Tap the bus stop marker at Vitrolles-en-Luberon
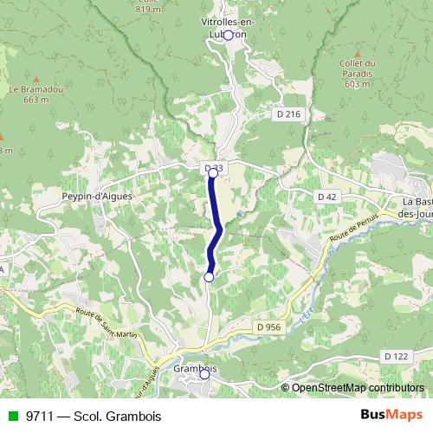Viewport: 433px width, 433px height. coord(229,36)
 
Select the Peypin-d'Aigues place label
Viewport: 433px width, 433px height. coord(96,197)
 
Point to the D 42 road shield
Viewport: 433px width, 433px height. coord(326,197)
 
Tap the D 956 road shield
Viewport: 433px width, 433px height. coord(268,326)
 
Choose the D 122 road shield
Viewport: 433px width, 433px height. coord(395,356)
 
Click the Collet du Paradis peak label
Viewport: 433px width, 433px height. coord(358,74)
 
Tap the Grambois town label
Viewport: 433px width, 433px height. coord(194,367)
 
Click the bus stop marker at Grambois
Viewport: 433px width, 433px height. coord(204,375)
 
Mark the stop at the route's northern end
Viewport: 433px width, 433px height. coord(213,173)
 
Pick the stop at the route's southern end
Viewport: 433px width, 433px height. coord(208,276)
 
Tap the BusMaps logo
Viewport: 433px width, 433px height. coord(392,415)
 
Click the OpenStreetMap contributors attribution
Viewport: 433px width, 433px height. coord(358,387)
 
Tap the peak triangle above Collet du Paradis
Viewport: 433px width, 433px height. coord(357,51)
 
